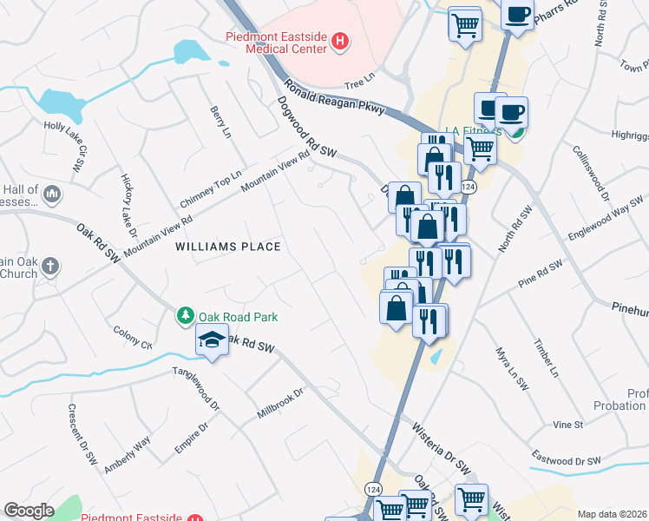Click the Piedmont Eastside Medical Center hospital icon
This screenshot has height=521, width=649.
click(x=340, y=41)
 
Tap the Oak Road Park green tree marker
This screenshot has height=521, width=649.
click(x=184, y=316)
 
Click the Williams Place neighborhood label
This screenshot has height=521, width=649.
click(x=228, y=247)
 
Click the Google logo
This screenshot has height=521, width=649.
click(x=29, y=511)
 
